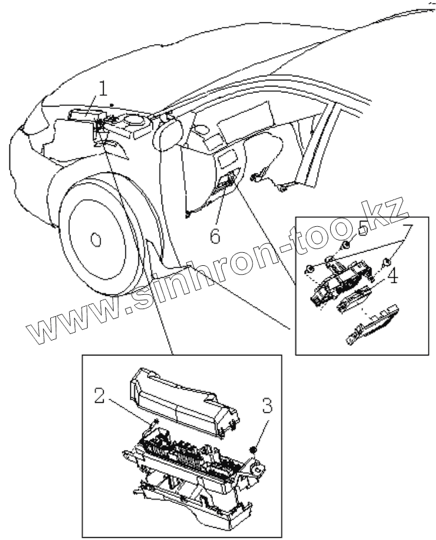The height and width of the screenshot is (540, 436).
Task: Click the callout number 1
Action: point(103,89)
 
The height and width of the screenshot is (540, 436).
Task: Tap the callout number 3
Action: point(267,406)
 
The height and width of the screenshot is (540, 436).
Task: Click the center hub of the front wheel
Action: point(94,239)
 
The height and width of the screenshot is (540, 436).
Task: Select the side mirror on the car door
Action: point(169,133)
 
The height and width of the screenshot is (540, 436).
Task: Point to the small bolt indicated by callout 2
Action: point(154,422)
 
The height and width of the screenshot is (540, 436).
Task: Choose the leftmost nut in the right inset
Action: point(309,270)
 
